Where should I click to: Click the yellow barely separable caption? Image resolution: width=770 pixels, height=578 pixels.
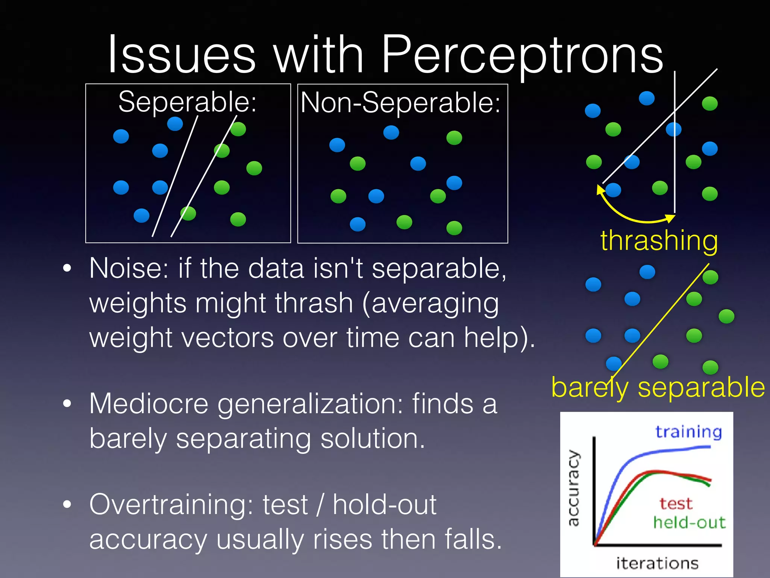click(658, 387)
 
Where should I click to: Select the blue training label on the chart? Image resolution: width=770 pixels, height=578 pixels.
click(688, 432)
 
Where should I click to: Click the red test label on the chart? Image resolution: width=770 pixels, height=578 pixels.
click(676, 503)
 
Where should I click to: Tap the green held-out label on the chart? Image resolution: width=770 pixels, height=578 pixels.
click(689, 522)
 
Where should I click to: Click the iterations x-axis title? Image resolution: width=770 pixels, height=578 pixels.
click(657, 563)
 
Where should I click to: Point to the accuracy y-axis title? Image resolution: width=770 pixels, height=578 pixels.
click(574, 488)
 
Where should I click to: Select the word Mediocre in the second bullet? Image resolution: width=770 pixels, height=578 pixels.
click(149, 404)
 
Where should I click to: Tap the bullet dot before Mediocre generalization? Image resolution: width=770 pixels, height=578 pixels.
click(67, 404)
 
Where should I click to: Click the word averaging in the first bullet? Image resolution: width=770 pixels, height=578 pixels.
click(435, 303)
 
